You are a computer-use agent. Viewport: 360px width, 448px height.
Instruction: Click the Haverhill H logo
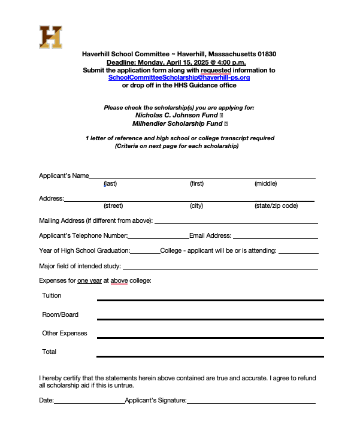pyautogui.click(x=50, y=37)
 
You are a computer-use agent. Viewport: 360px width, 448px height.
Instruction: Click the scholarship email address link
pyautogui.click(x=179, y=78)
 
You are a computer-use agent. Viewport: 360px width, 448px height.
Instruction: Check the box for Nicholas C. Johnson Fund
pyautogui.click(x=222, y=115)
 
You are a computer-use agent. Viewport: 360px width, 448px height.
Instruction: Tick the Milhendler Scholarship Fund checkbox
pyautogui.click(x=226, y=124)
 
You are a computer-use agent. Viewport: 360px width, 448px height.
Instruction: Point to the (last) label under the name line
pyautogui.click(x=110, y=184)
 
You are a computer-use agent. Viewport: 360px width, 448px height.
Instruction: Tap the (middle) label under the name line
pyautogui.click(x=265, y=184)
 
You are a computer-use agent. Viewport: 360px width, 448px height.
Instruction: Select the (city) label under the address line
pyautogui.click(x=196, y=206)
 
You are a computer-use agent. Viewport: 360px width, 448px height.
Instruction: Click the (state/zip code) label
pyautogui.click(x=276, y=206)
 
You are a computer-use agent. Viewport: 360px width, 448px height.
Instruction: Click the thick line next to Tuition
pyautogui.click(x=210, y=299)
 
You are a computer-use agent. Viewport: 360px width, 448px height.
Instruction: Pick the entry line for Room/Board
pyautogui.click(x=210, y=318)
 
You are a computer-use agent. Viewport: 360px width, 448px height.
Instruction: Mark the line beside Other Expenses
pyautogui.click(x=210, y=337)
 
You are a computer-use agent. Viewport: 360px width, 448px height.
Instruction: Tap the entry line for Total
pyautogui.click(x=210, y=356)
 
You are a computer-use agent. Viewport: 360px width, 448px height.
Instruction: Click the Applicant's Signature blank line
pyautogui.click(x=251, y=402)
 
